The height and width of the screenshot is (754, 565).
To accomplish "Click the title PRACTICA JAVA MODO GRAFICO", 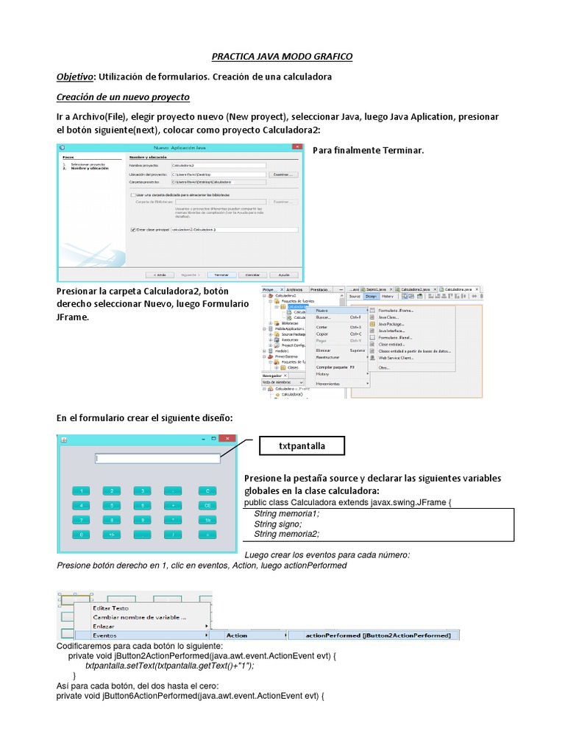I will [282, 56].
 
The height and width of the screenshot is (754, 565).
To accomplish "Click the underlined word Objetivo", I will [75, 77].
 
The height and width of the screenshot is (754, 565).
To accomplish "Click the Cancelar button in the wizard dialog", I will [252, 273].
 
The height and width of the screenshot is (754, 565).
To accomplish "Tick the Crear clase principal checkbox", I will [132, 230].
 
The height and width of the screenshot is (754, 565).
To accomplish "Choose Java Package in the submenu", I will [391, 324].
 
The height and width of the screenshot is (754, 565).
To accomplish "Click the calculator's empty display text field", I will [157, 459].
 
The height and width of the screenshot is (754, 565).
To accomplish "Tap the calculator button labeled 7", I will [80, 520].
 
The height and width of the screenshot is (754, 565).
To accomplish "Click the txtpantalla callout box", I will [302, 446].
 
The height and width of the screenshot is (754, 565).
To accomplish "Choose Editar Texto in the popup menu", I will [110, 608].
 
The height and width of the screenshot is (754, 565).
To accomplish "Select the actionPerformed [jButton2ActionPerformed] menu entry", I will [377, 635].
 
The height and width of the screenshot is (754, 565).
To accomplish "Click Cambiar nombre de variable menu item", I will [138, 617].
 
